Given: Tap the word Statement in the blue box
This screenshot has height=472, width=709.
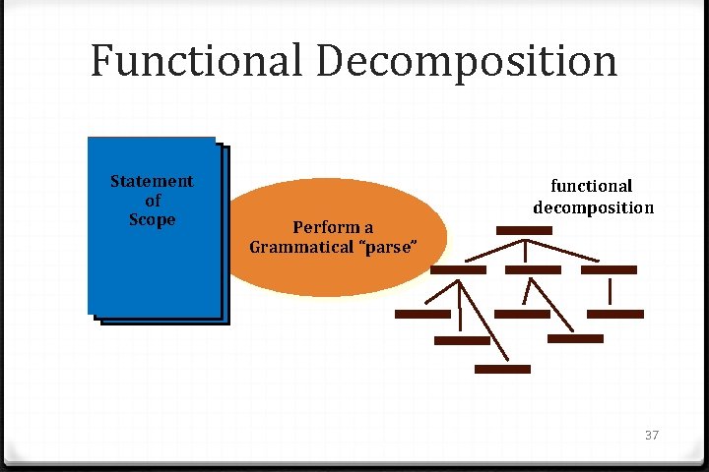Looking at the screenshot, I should (x=152, y=181).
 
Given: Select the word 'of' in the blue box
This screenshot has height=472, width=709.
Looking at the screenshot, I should (x=153, y=201).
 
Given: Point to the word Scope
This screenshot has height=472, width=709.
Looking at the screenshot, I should (x=152, y=220).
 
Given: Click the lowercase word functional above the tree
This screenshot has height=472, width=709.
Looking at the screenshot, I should (x=591, y=186).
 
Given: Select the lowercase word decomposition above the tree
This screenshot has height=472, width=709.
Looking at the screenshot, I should (x=593, y=207).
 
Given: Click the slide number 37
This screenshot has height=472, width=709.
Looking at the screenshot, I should (x=650, y=435).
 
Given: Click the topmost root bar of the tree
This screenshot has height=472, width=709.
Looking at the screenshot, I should (x=524, y=230).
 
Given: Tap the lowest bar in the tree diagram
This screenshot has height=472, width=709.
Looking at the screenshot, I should (x=502, y=370).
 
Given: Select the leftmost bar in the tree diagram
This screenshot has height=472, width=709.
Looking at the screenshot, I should (x=421, y=315).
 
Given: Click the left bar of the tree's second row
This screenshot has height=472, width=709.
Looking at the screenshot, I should (x=459, y=269).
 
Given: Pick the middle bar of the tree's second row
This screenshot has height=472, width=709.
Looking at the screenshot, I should (x=532, y=269).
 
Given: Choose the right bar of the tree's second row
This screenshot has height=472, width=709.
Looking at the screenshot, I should (x=609, y=269).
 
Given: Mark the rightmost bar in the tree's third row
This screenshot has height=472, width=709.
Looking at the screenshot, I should (x=614, y=315).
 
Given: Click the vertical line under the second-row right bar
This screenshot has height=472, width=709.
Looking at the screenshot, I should (x=612, y=292).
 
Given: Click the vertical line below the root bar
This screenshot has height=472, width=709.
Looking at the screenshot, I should (x=524, y=248).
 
